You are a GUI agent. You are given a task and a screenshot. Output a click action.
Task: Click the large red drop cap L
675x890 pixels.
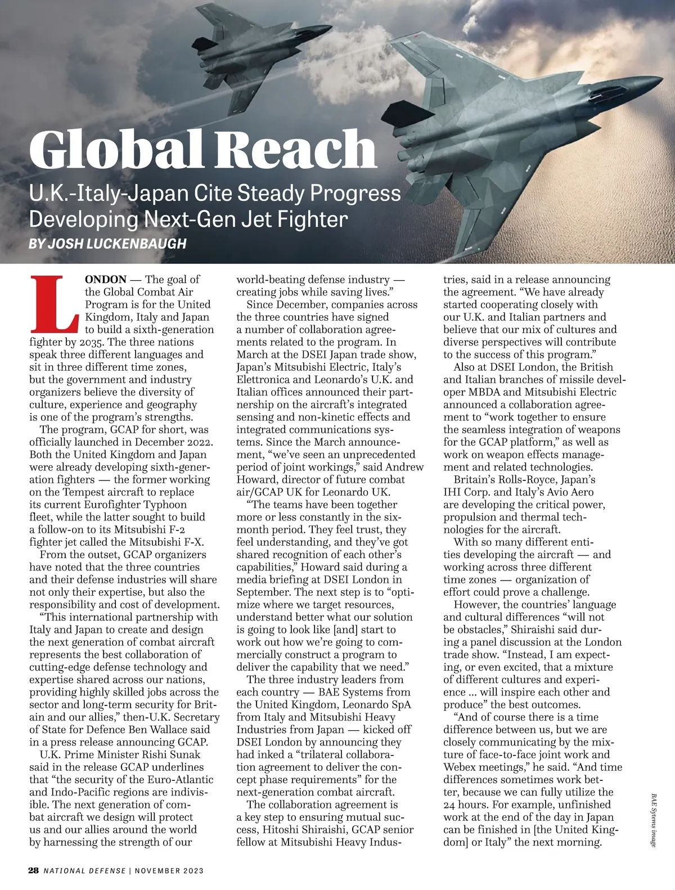coord(55,304)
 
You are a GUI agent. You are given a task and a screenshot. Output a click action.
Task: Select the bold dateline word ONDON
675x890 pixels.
coord(106,280)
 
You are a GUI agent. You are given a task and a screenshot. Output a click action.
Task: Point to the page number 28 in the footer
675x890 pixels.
coord(34,870)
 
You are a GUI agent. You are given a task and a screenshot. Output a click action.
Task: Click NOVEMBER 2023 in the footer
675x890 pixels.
coord(169,871)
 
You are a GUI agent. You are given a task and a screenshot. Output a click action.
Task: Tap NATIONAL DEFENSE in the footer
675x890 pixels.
coord(84,871)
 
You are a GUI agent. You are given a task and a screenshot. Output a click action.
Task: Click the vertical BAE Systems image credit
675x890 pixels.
coord(654,821)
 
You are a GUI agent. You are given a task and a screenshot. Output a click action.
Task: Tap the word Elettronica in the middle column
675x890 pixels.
coord(264,380)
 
